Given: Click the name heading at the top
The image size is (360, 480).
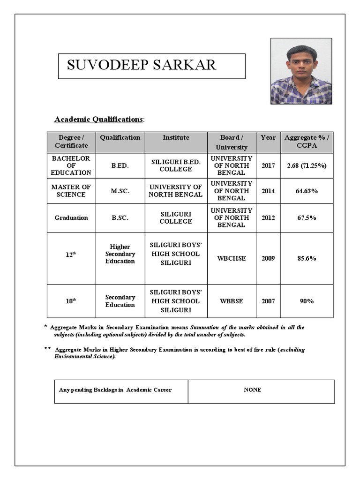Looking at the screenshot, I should pyautogui.click(x=142, y=65).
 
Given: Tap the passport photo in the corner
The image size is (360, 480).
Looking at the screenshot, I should pyautogui.click(x=301, y=71).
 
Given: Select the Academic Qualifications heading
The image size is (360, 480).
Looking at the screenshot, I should pyautogui.click(x=98, y=119).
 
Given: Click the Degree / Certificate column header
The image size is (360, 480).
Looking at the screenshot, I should pyautogui.click(x=71, y=142).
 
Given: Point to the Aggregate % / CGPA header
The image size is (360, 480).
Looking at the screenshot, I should pyautogui.click(x=307, y=142).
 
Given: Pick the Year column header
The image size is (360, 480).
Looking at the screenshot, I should pyautogui.click(x=268, y=137).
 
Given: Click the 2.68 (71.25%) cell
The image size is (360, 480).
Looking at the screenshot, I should pyautogui.click(x=307, y=166).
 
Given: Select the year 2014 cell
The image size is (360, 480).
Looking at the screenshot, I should pyautogui.click(x=268, y=191).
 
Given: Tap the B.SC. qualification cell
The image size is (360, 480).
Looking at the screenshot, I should pyautogui.click(x=120, y=218).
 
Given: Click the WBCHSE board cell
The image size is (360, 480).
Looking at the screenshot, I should pyautogui.click(x=232, y=258).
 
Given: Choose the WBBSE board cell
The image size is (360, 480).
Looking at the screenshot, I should pyautogui.click(x=232, y=301).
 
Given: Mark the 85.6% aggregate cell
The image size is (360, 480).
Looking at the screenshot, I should pyautogui.click(x=307, y=258).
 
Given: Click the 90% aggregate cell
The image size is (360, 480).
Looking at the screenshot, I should pyautogui.click(x=307, y=301).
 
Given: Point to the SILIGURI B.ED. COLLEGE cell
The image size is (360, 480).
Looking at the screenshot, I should pyautogui.click(x=176, y=165).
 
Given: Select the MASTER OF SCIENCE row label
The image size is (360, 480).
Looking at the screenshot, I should pyautogui.click(x=71, y=191).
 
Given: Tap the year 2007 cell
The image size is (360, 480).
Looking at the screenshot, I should pyautogui.click(x=268, y=301).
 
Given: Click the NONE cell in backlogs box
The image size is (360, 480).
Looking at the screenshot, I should pyautogui.click(x=253, y=390).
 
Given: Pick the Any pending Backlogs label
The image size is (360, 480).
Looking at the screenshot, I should pyautogui.click(x=115, y=390).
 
